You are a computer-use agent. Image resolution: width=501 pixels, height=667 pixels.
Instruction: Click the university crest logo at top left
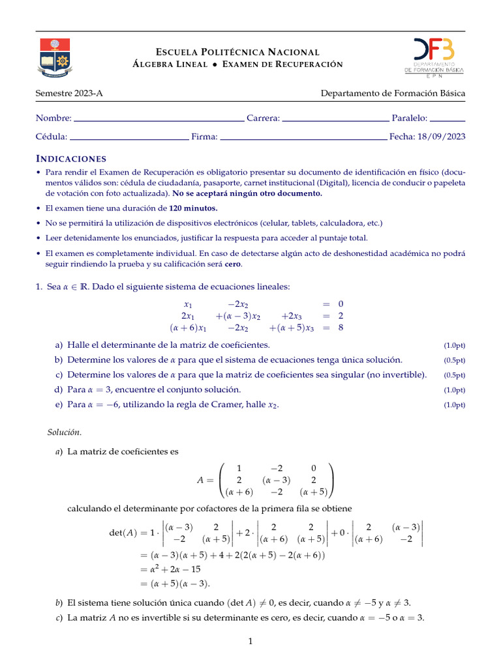54,58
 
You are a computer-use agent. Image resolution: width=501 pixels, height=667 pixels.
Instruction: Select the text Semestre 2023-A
69,93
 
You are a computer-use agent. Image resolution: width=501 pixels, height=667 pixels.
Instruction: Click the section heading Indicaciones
70,159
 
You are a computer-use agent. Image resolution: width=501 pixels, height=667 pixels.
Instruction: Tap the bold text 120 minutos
193,208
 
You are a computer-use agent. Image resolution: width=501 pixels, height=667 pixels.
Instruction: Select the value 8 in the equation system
341,328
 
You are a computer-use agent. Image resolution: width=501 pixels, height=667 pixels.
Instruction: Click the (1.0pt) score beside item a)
454,345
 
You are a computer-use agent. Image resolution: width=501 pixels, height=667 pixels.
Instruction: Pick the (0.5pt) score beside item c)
454,375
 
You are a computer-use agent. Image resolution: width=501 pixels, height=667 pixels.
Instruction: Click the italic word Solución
65,432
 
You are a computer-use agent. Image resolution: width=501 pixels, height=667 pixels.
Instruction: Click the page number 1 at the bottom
250,642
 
